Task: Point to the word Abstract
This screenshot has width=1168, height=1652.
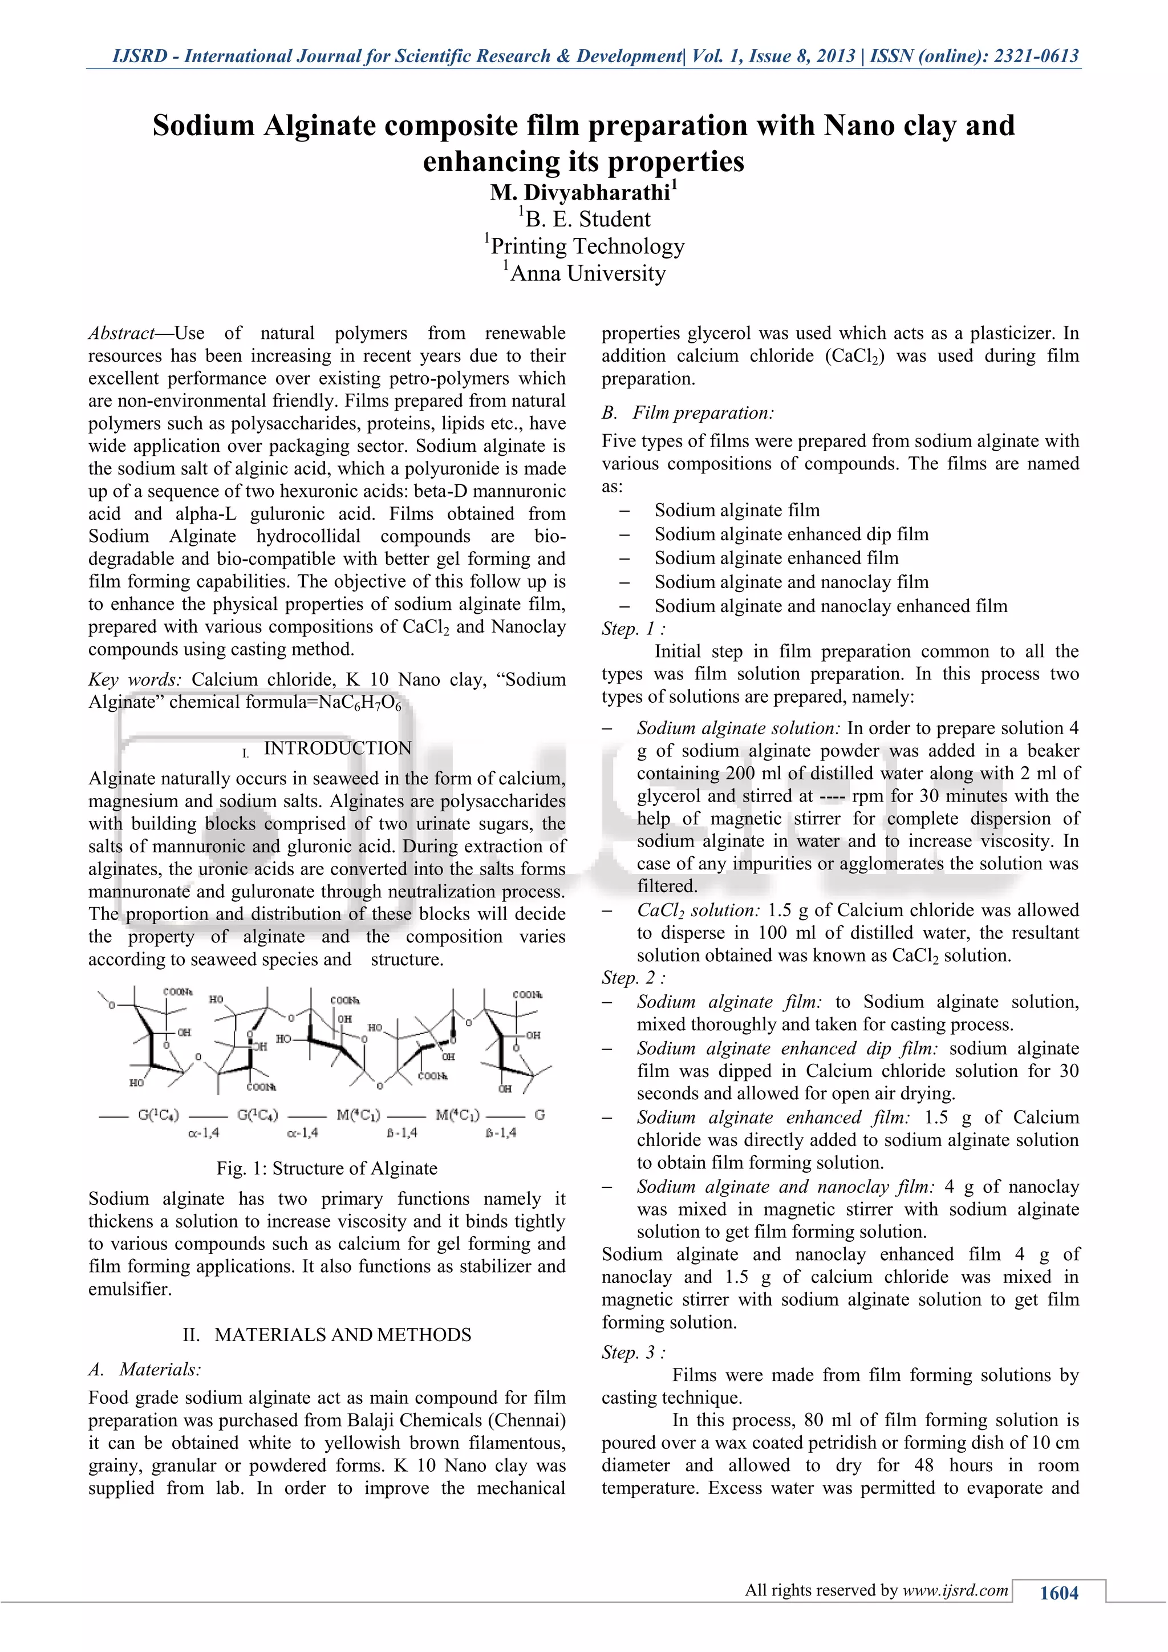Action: point(121,333)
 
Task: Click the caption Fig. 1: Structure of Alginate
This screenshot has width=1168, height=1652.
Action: point(327,1168)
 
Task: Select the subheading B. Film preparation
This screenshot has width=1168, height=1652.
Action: point(688,413)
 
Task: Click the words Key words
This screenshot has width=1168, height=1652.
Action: point(135,680)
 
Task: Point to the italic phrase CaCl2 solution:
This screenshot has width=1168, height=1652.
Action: point(697,910)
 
